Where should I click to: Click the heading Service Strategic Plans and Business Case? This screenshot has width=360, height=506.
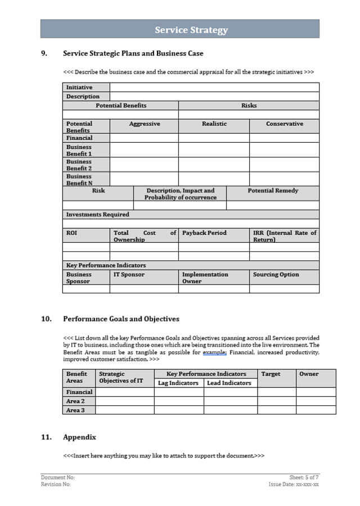pyautogui.click(x=133, y=53)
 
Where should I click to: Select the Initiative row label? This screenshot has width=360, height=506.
pyautogui.click(x=79, y=87)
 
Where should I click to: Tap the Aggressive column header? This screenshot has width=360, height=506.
pyautogui.click(x=145, y=124)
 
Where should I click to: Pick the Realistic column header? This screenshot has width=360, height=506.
pyautogui.click(x=214, y=124)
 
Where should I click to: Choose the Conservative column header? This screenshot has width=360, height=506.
pyautogui.click(x=284, y=124)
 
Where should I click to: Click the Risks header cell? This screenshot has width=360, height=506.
pyautogui.click(x=249, y=105)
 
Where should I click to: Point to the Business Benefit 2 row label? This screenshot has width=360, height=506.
pyautogui.click(x=79, y=165)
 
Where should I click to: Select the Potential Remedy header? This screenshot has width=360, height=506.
pyautogui.click(x=273, y=191)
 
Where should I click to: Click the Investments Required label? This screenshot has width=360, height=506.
pyautogui.click(x=98, y=214)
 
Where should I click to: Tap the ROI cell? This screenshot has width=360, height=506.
pyautogui.click(x=72, y=233)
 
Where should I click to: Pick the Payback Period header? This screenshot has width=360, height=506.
pyautogui.click(x=204, y=233)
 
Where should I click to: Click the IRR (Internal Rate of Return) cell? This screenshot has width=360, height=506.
pyautogui.click(x=285, y=236)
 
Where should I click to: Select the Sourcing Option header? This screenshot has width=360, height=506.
pyautogui.click(x=276, y=274)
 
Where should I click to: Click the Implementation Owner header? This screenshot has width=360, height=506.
pyautogui.click(x=205, y=278)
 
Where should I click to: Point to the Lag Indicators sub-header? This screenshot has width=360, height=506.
pyautogui.click(x=178, y=383)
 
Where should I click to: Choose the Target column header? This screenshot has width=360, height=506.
pyautogui.click(x=271, y=374)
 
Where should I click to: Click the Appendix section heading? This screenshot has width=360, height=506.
pyautogui.click(x=79, y=437)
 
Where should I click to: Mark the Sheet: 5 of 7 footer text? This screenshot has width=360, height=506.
pyautogui.click(x=304, y=477)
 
